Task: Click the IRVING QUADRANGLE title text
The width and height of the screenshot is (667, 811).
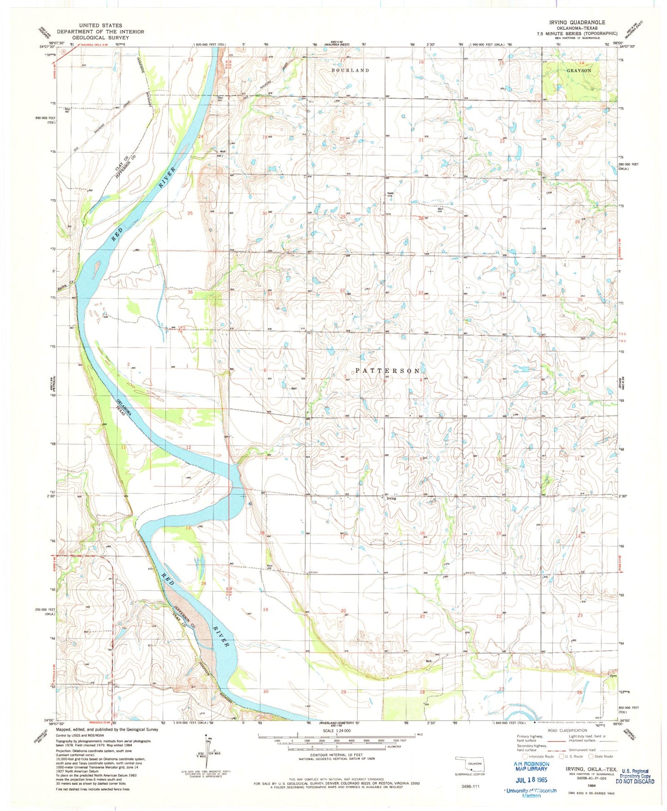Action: click(577, 22)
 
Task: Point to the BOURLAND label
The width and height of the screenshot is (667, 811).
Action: click(350, 70)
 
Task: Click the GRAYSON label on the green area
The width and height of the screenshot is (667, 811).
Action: click(579, 71)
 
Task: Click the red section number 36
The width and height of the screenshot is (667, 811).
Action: click(190, 292)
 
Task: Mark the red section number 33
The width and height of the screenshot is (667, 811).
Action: click(420, 292)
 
